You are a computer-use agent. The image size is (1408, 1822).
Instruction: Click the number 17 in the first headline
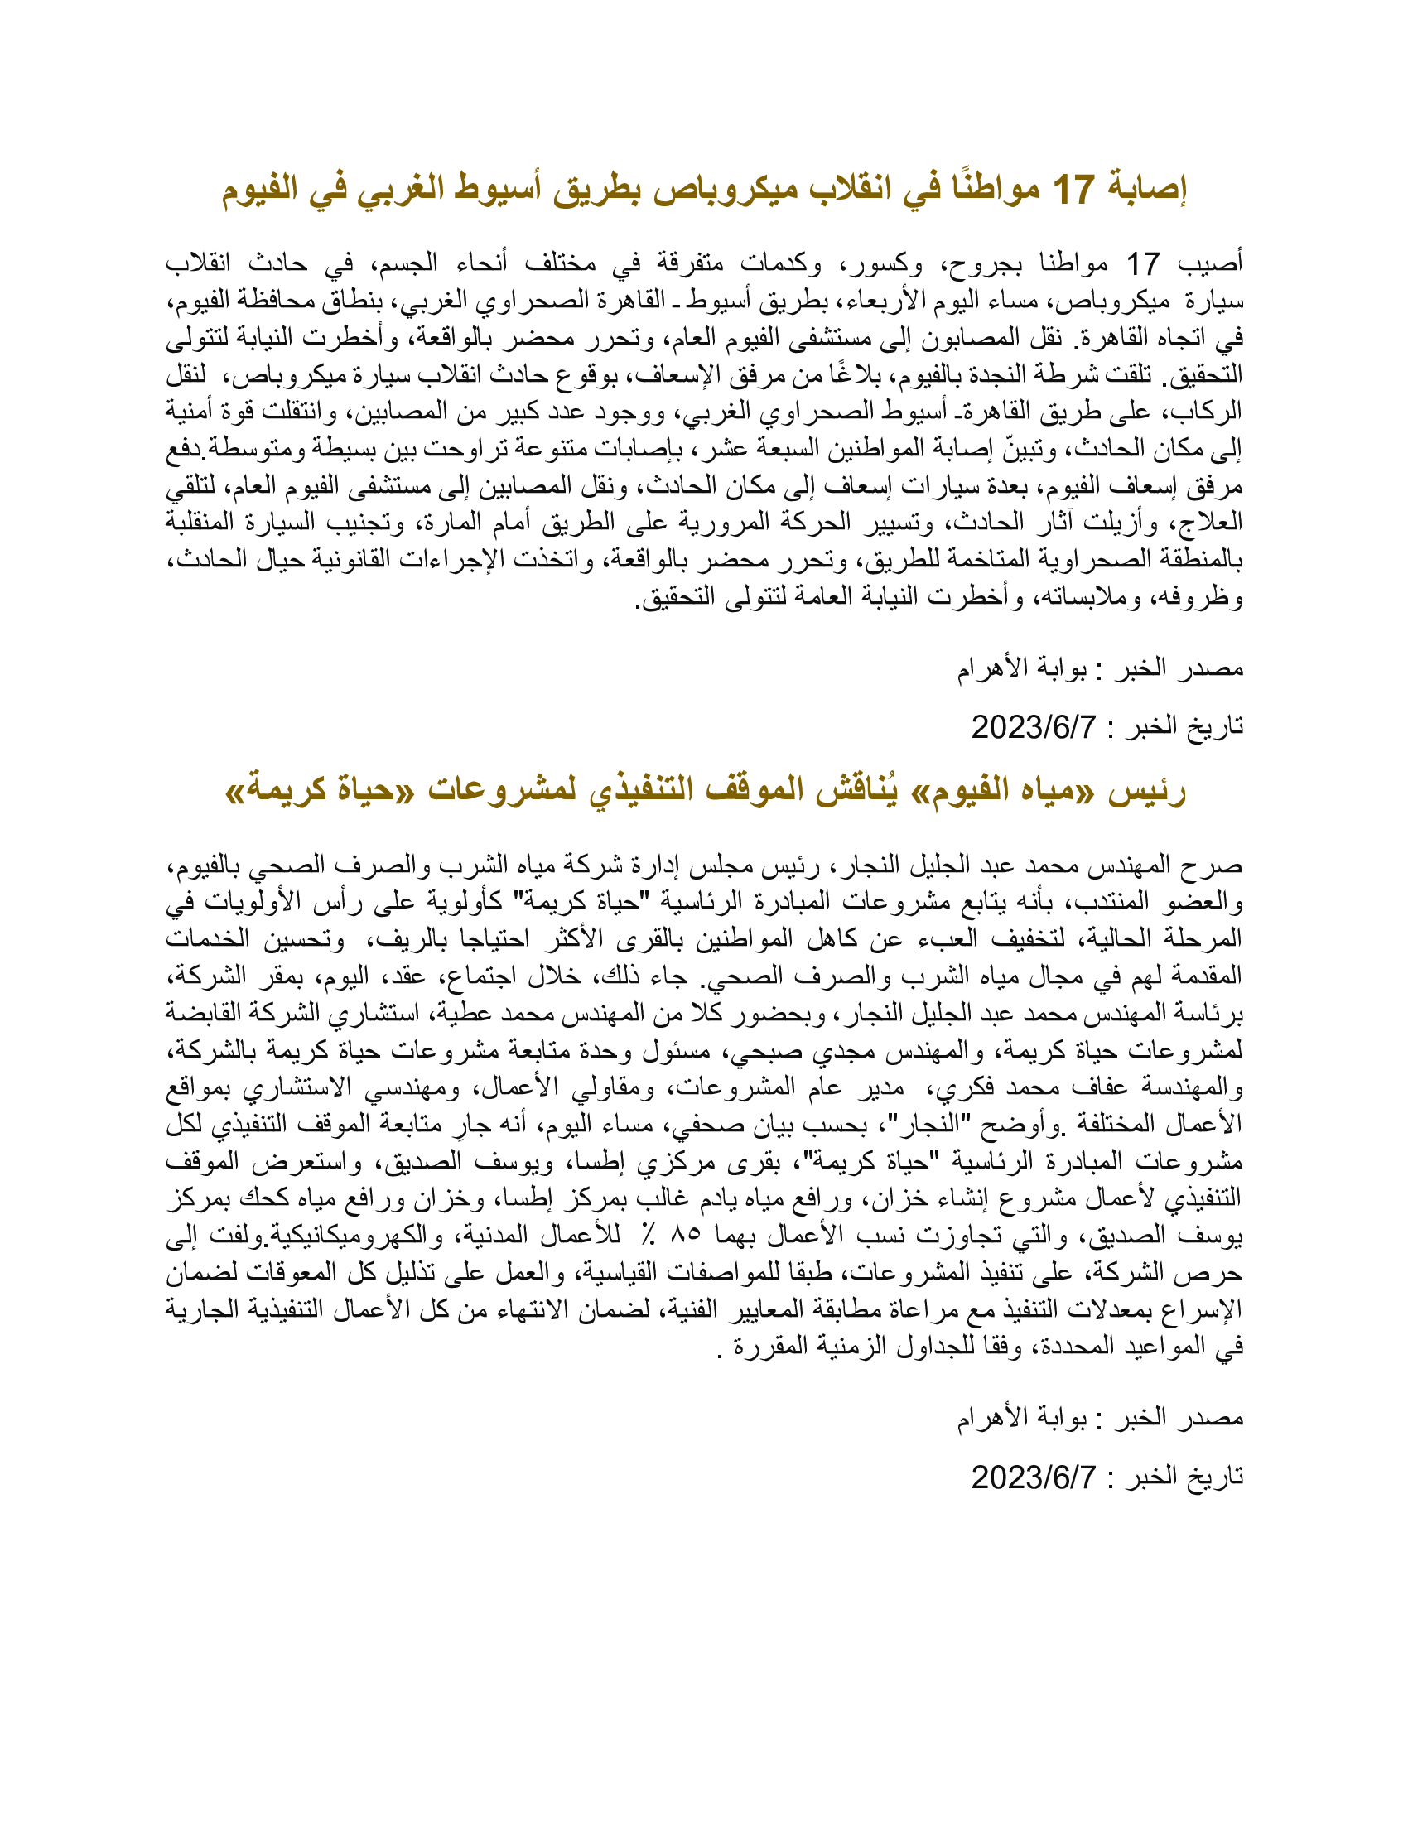[1073, 190]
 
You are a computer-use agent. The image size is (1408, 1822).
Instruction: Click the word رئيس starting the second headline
[1147, 789]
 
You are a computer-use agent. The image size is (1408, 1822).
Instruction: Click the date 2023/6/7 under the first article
[1034, 727]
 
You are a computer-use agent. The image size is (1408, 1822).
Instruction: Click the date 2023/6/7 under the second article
[1034, 1477]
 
